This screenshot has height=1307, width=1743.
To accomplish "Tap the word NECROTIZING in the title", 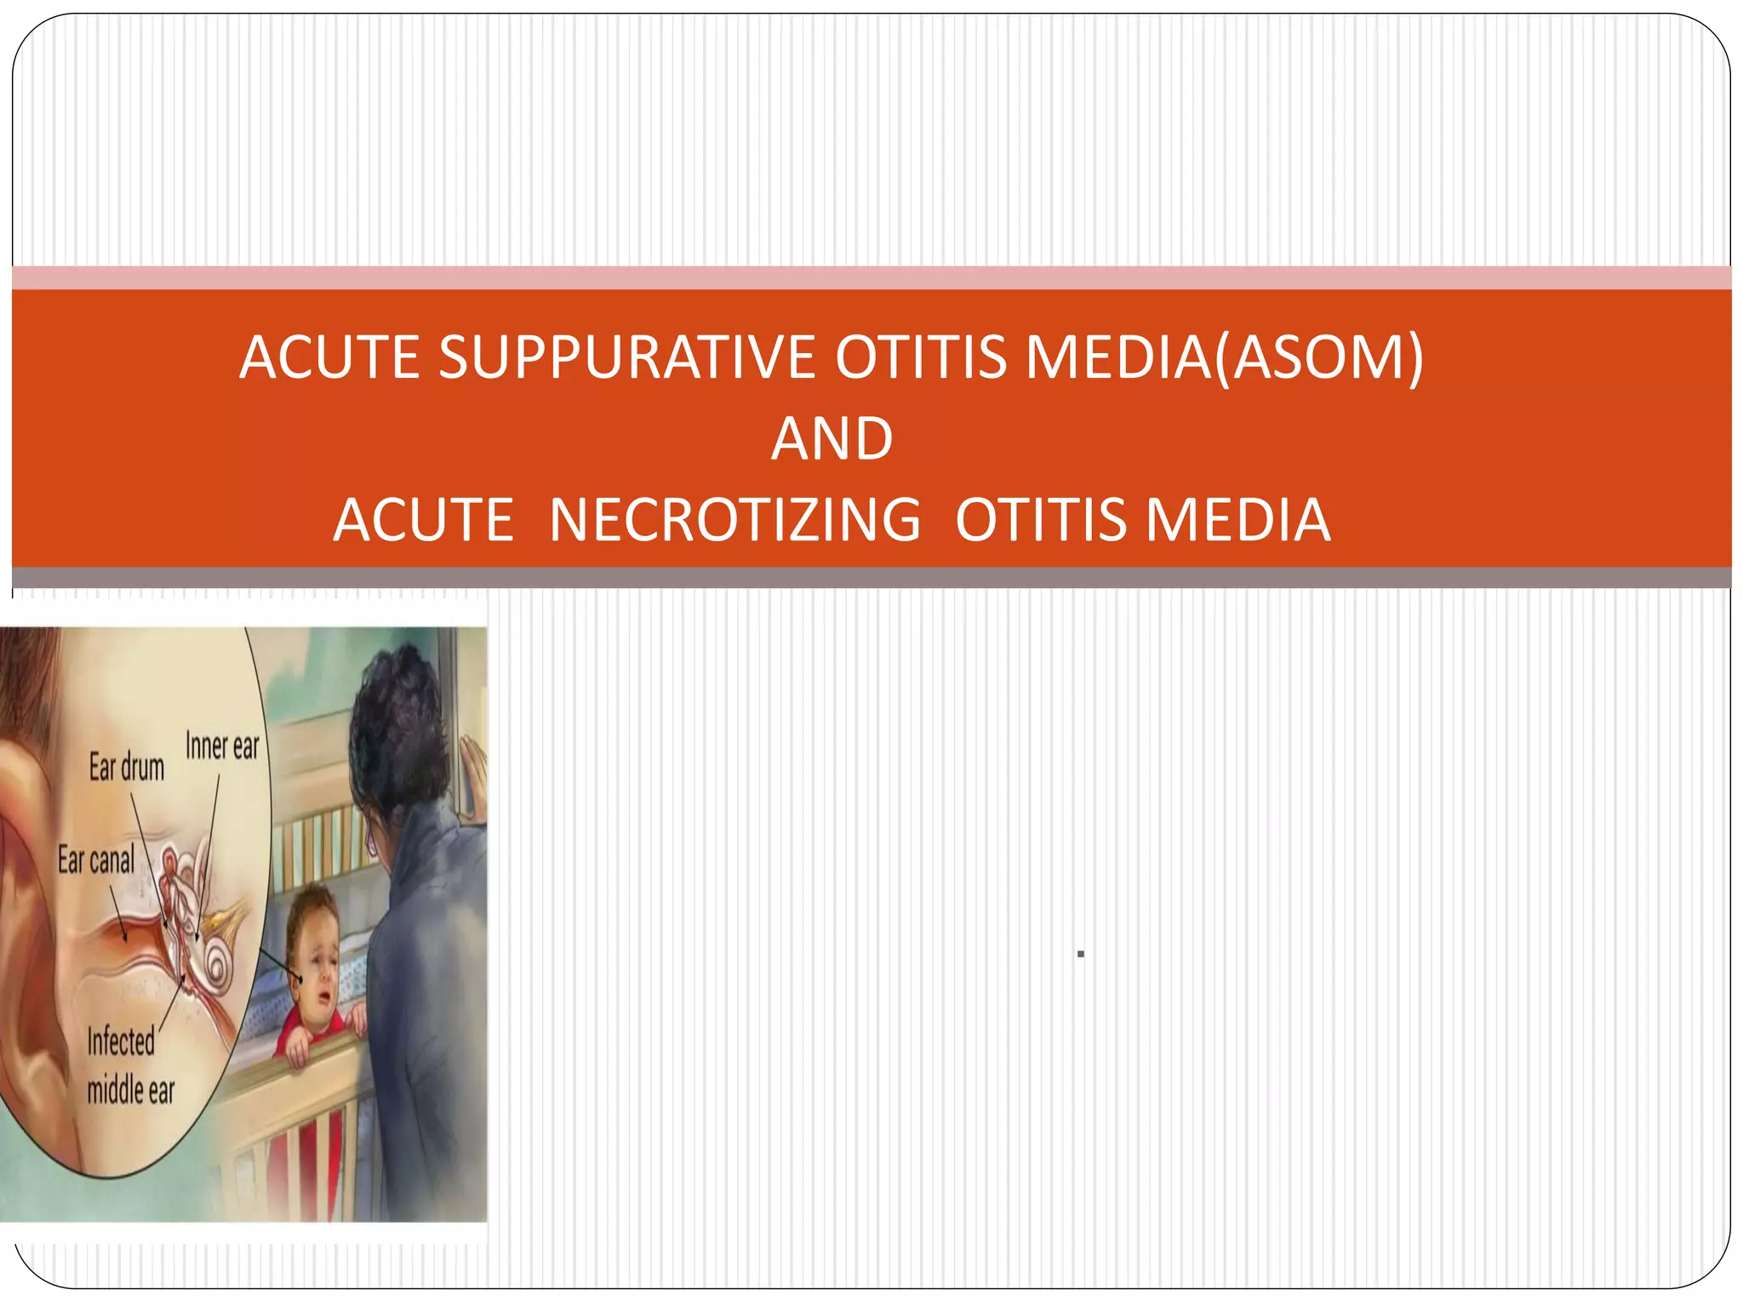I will point(734,520).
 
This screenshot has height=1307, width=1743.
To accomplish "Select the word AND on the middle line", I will point(831,439).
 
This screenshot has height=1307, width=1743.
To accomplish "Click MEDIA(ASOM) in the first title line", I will point(1224,357).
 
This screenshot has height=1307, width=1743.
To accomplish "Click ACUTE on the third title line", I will point(423,520).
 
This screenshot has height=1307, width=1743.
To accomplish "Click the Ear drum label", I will point(127,768).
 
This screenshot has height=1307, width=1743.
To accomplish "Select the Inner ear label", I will point(222,746).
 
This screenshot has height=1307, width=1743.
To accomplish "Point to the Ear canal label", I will point(96,860).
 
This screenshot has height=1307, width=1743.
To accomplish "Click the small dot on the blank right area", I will point(1080,955).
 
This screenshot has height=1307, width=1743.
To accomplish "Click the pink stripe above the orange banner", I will point(871,277).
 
